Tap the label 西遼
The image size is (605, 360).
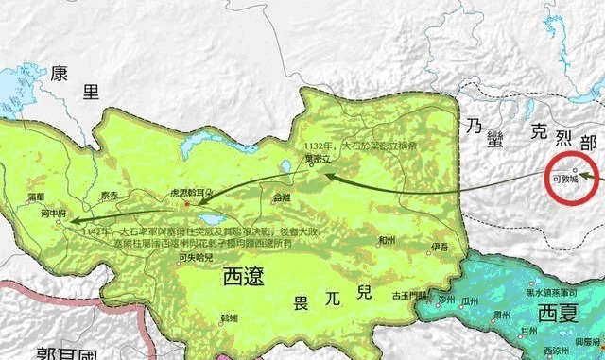tap(243, 277)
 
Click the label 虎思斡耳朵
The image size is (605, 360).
tap(192, 191)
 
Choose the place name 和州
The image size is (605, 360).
tap(385, 241)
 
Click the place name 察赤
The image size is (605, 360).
tap(110, 197)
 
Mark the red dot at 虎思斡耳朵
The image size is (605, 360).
tap(187, 202)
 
